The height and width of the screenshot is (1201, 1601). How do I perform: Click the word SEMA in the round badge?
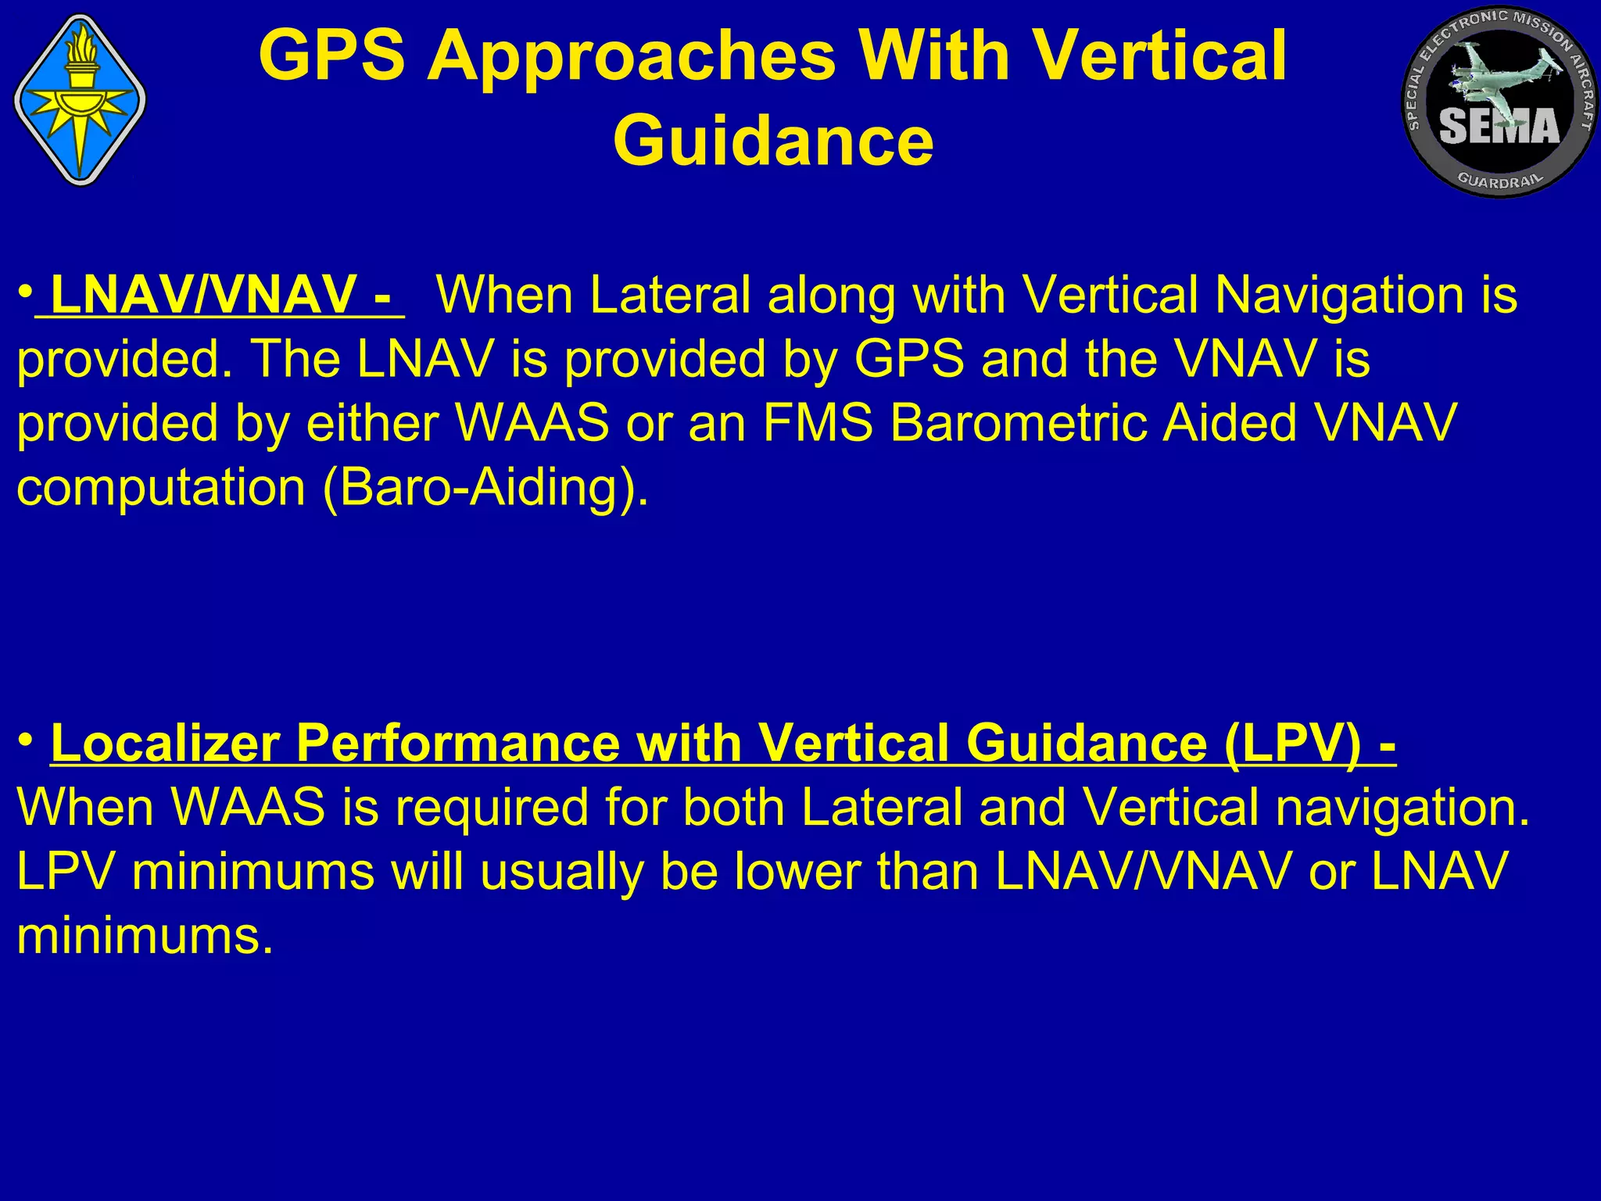[x=1499, y=127]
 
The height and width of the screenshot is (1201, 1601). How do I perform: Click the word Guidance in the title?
[x=772, y=141]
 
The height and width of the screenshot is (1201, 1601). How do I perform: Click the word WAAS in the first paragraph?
[x=532, y=423]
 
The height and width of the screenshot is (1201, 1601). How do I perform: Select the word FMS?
[x=817, y=423]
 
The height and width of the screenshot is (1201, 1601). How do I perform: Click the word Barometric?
[x=1019, y=423]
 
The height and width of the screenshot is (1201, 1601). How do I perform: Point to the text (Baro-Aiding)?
[x=485, y=488]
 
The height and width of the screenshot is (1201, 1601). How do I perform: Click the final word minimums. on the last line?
[x=145, y=936]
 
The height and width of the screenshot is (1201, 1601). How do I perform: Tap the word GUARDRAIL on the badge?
[x=1500, y=181]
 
